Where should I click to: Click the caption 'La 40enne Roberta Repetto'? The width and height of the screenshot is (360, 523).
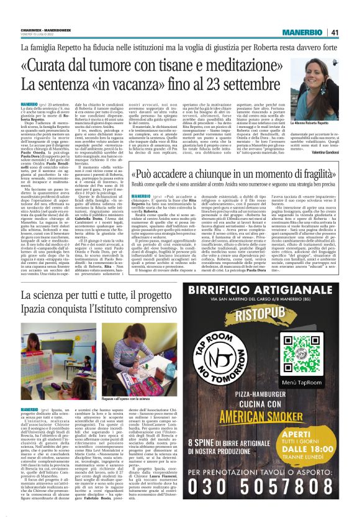312,124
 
